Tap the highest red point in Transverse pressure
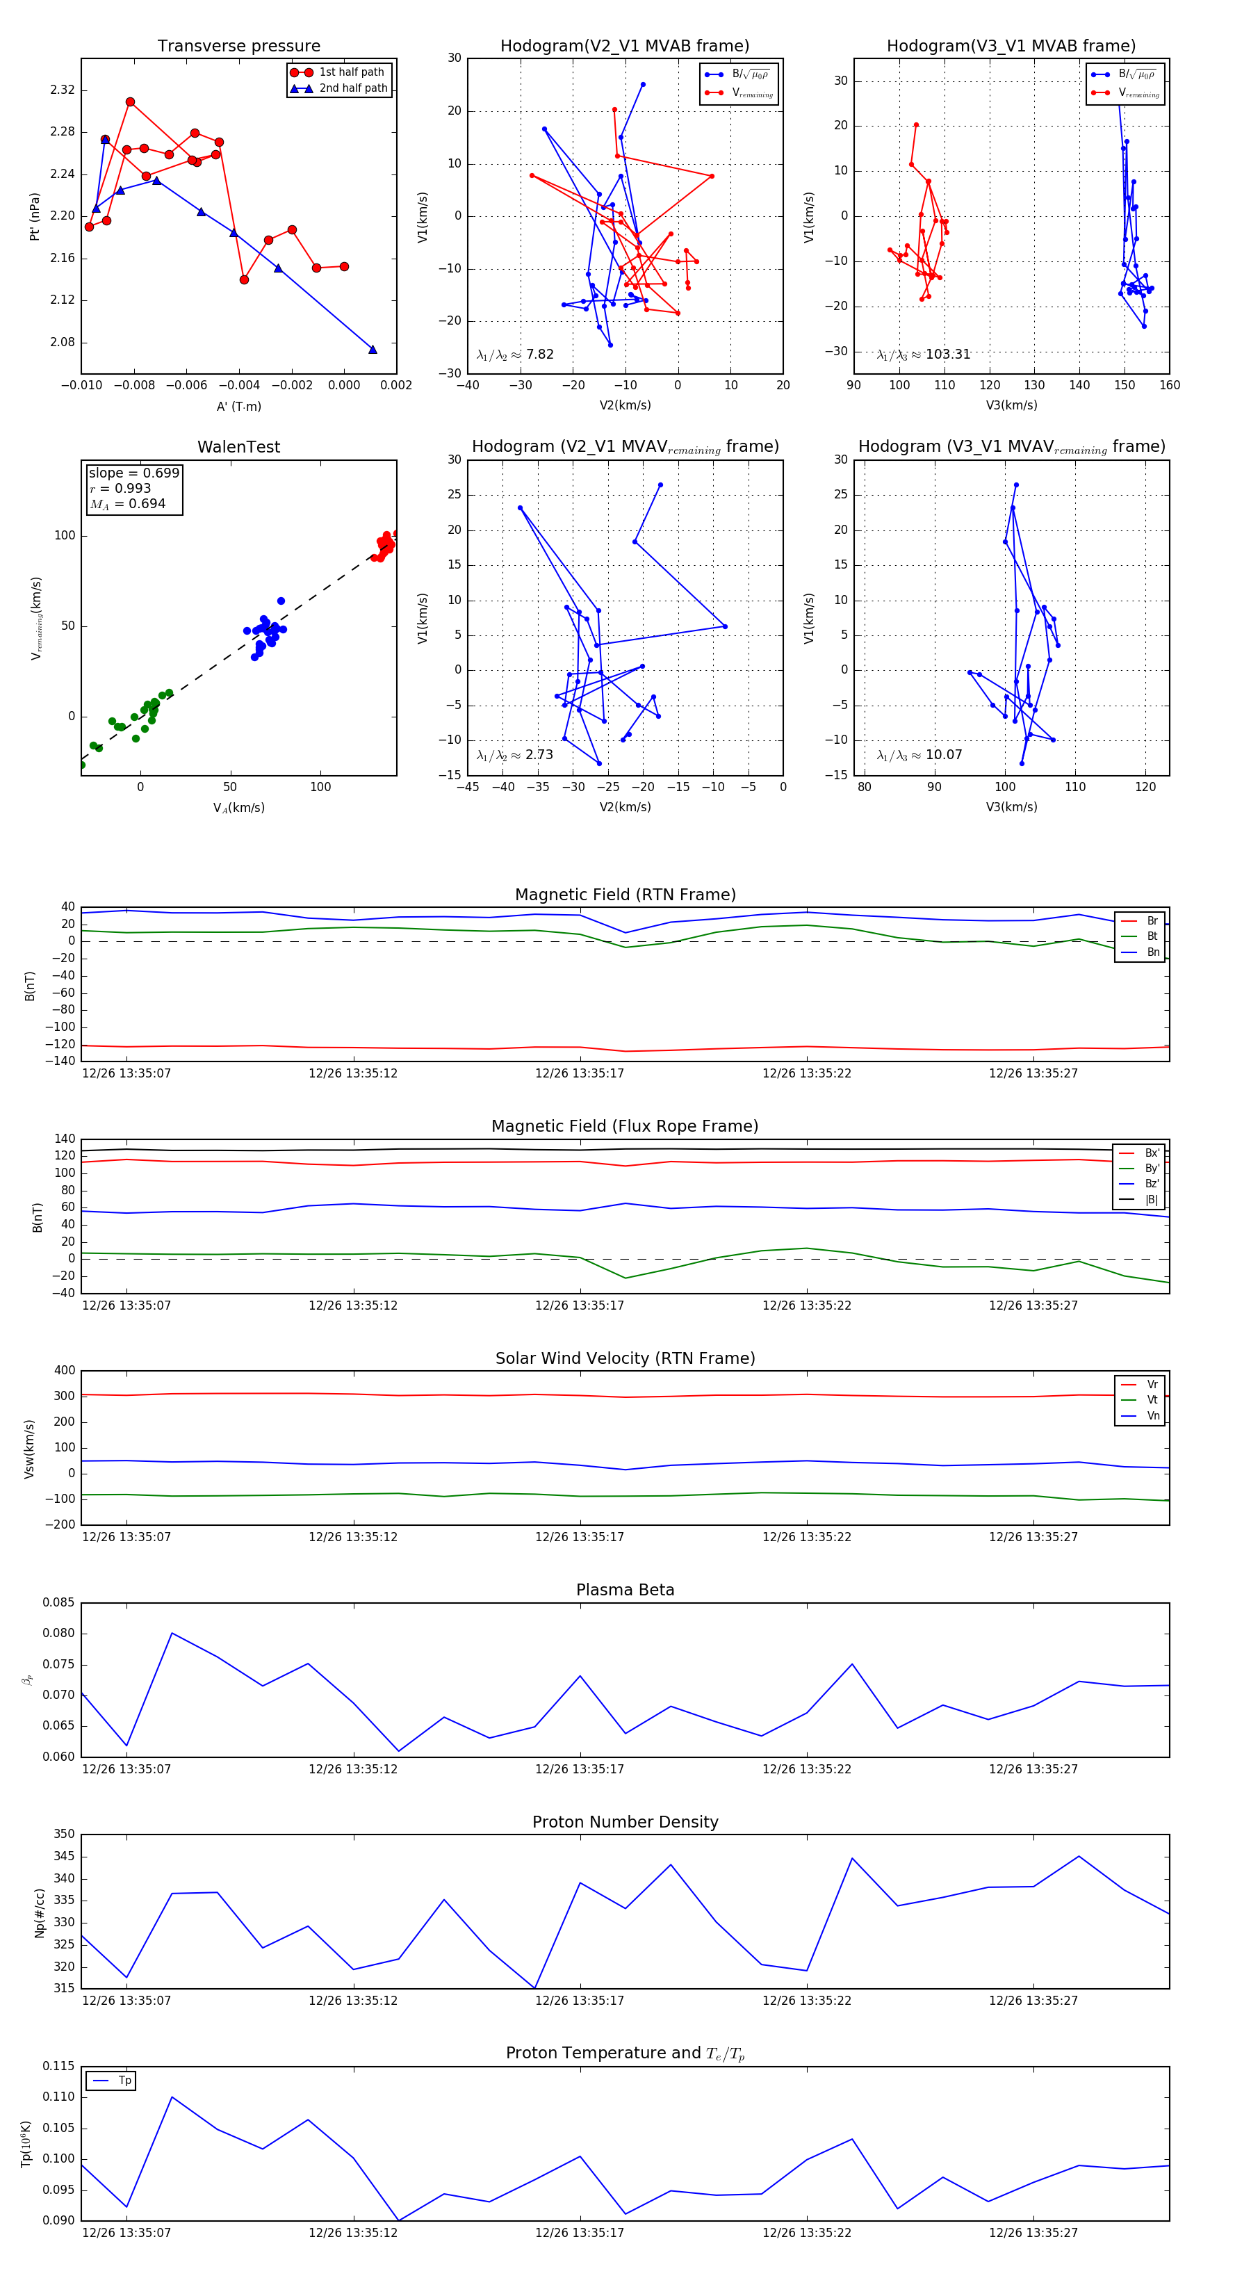pos(130,102)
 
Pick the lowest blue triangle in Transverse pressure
pos(373,349)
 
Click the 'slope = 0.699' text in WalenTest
pos(133,473)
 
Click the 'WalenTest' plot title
pos(238,447)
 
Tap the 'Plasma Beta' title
pos(625,1590)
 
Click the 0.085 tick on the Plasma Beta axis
pos(59,1603)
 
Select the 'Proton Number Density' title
pos(625,1822)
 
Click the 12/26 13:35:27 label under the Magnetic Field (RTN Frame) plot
pos(1033,1073)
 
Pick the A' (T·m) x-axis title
pos(238,406)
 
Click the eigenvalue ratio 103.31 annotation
pos(924,355)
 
